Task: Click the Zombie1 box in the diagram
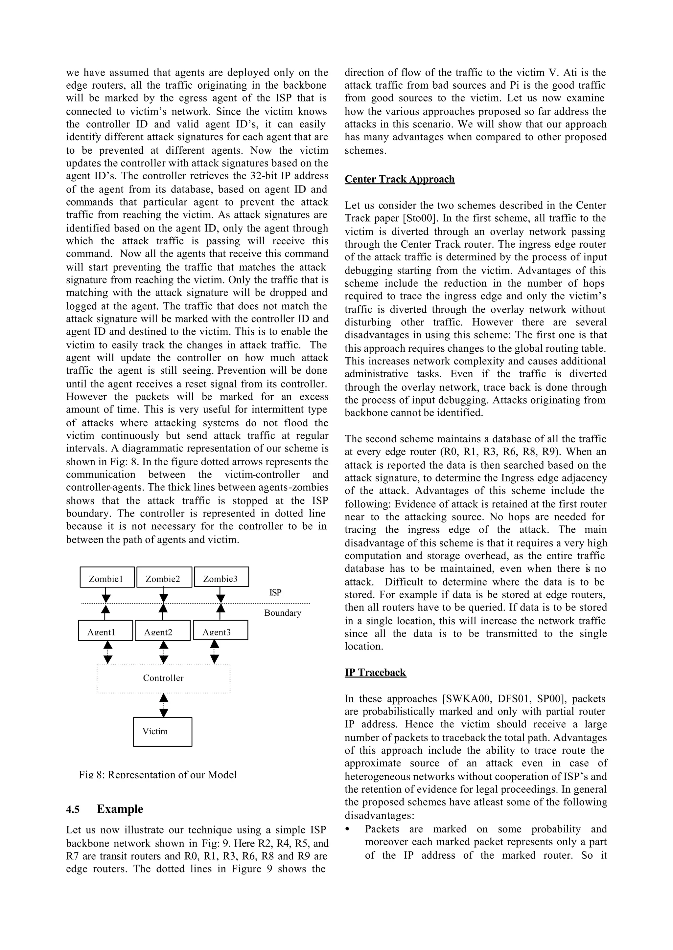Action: click(x=107, y=577)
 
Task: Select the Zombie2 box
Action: click(x=164, y=577)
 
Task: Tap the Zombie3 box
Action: click(x=221, y=577)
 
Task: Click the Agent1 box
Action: click(x=105, y=630)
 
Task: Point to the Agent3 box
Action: click(x=220, y=630)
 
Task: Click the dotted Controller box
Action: click(x=163, y=678)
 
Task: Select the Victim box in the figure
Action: click(x=162, y=731)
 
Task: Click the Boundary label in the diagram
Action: click(x=283, y=613)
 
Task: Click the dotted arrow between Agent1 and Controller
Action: click(x=108, y=652)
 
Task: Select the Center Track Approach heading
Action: click(x=400, y=179)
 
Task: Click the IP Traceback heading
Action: click(x=375, y=672)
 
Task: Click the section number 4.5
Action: click(x=73, y=809)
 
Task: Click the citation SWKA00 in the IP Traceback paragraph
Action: click(x=468, y=699)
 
